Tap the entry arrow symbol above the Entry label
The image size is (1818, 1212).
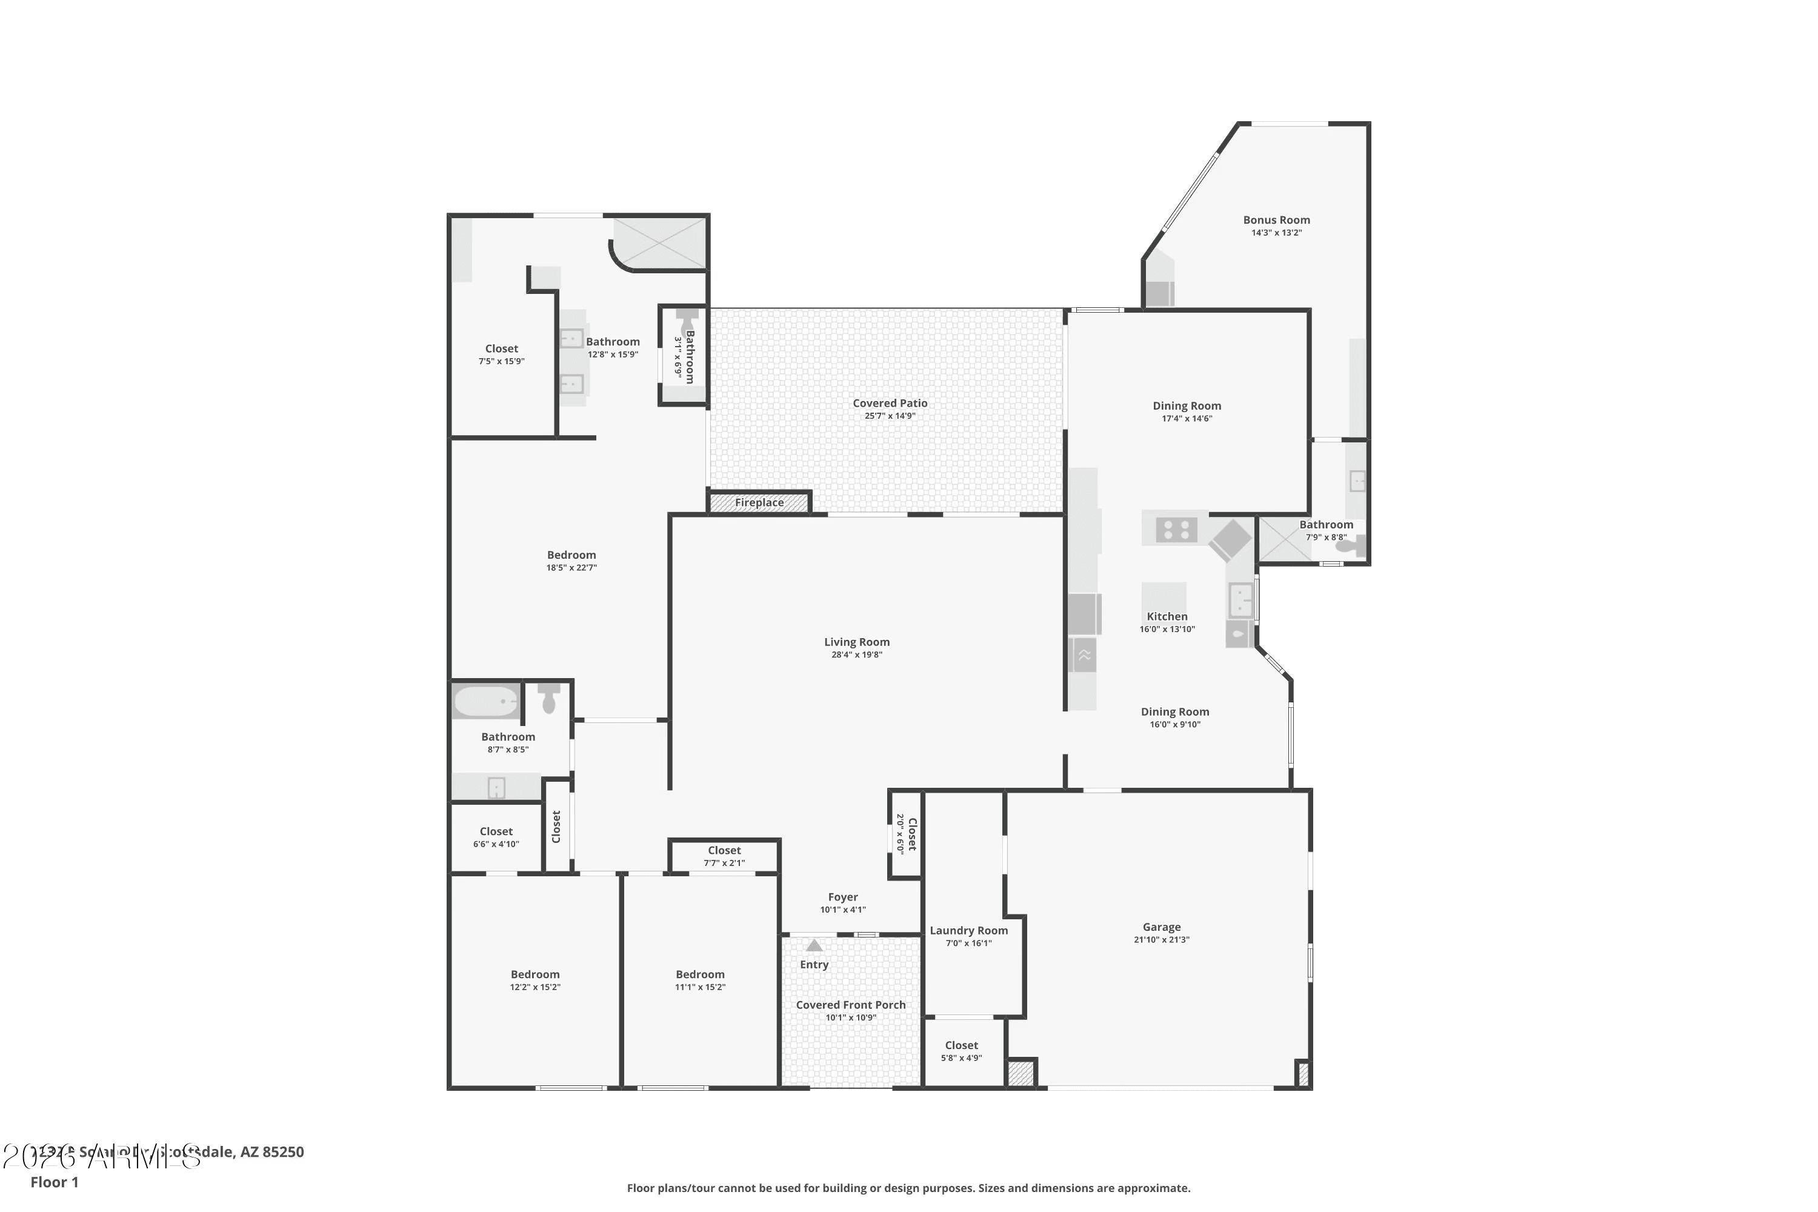(x=814, y=945)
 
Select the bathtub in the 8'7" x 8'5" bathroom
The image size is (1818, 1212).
(x=486, y=701)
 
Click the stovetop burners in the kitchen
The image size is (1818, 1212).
(x=1176, y=530)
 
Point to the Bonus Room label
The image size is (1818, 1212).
(x=1276, y=221)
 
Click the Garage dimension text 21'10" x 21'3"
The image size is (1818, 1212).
(x=1161, y=940)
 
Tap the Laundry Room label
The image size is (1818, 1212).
(x=968, y=931)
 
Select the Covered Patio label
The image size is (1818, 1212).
(x=890, y=404)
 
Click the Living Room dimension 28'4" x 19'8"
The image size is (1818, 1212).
(x=856, y=654)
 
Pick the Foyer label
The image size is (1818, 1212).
(x=842, y=897)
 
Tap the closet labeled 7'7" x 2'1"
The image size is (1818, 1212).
(x=724, y=856)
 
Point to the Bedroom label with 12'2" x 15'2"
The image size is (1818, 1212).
(x=535, y=974)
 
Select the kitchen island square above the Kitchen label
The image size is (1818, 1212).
(x=1164, y=596)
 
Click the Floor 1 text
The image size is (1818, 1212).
(x=54, y=1182)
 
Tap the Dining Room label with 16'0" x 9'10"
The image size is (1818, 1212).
(x=1174, y=712)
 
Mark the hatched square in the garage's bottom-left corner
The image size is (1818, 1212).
(x=1019, y=1074)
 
